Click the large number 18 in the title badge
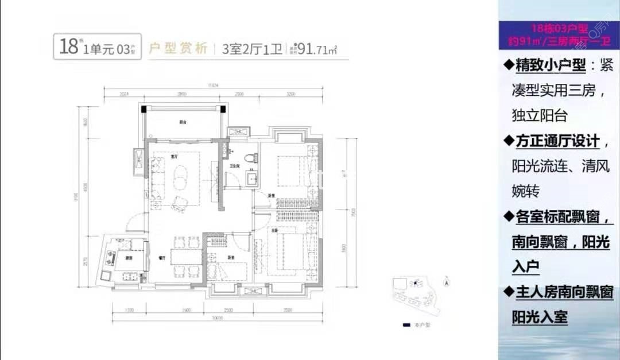coord(68,45)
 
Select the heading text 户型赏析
coord(177,49)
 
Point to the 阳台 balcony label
coord(183,122)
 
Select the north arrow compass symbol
coord(446,281)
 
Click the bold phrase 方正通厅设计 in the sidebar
coord(556,141)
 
